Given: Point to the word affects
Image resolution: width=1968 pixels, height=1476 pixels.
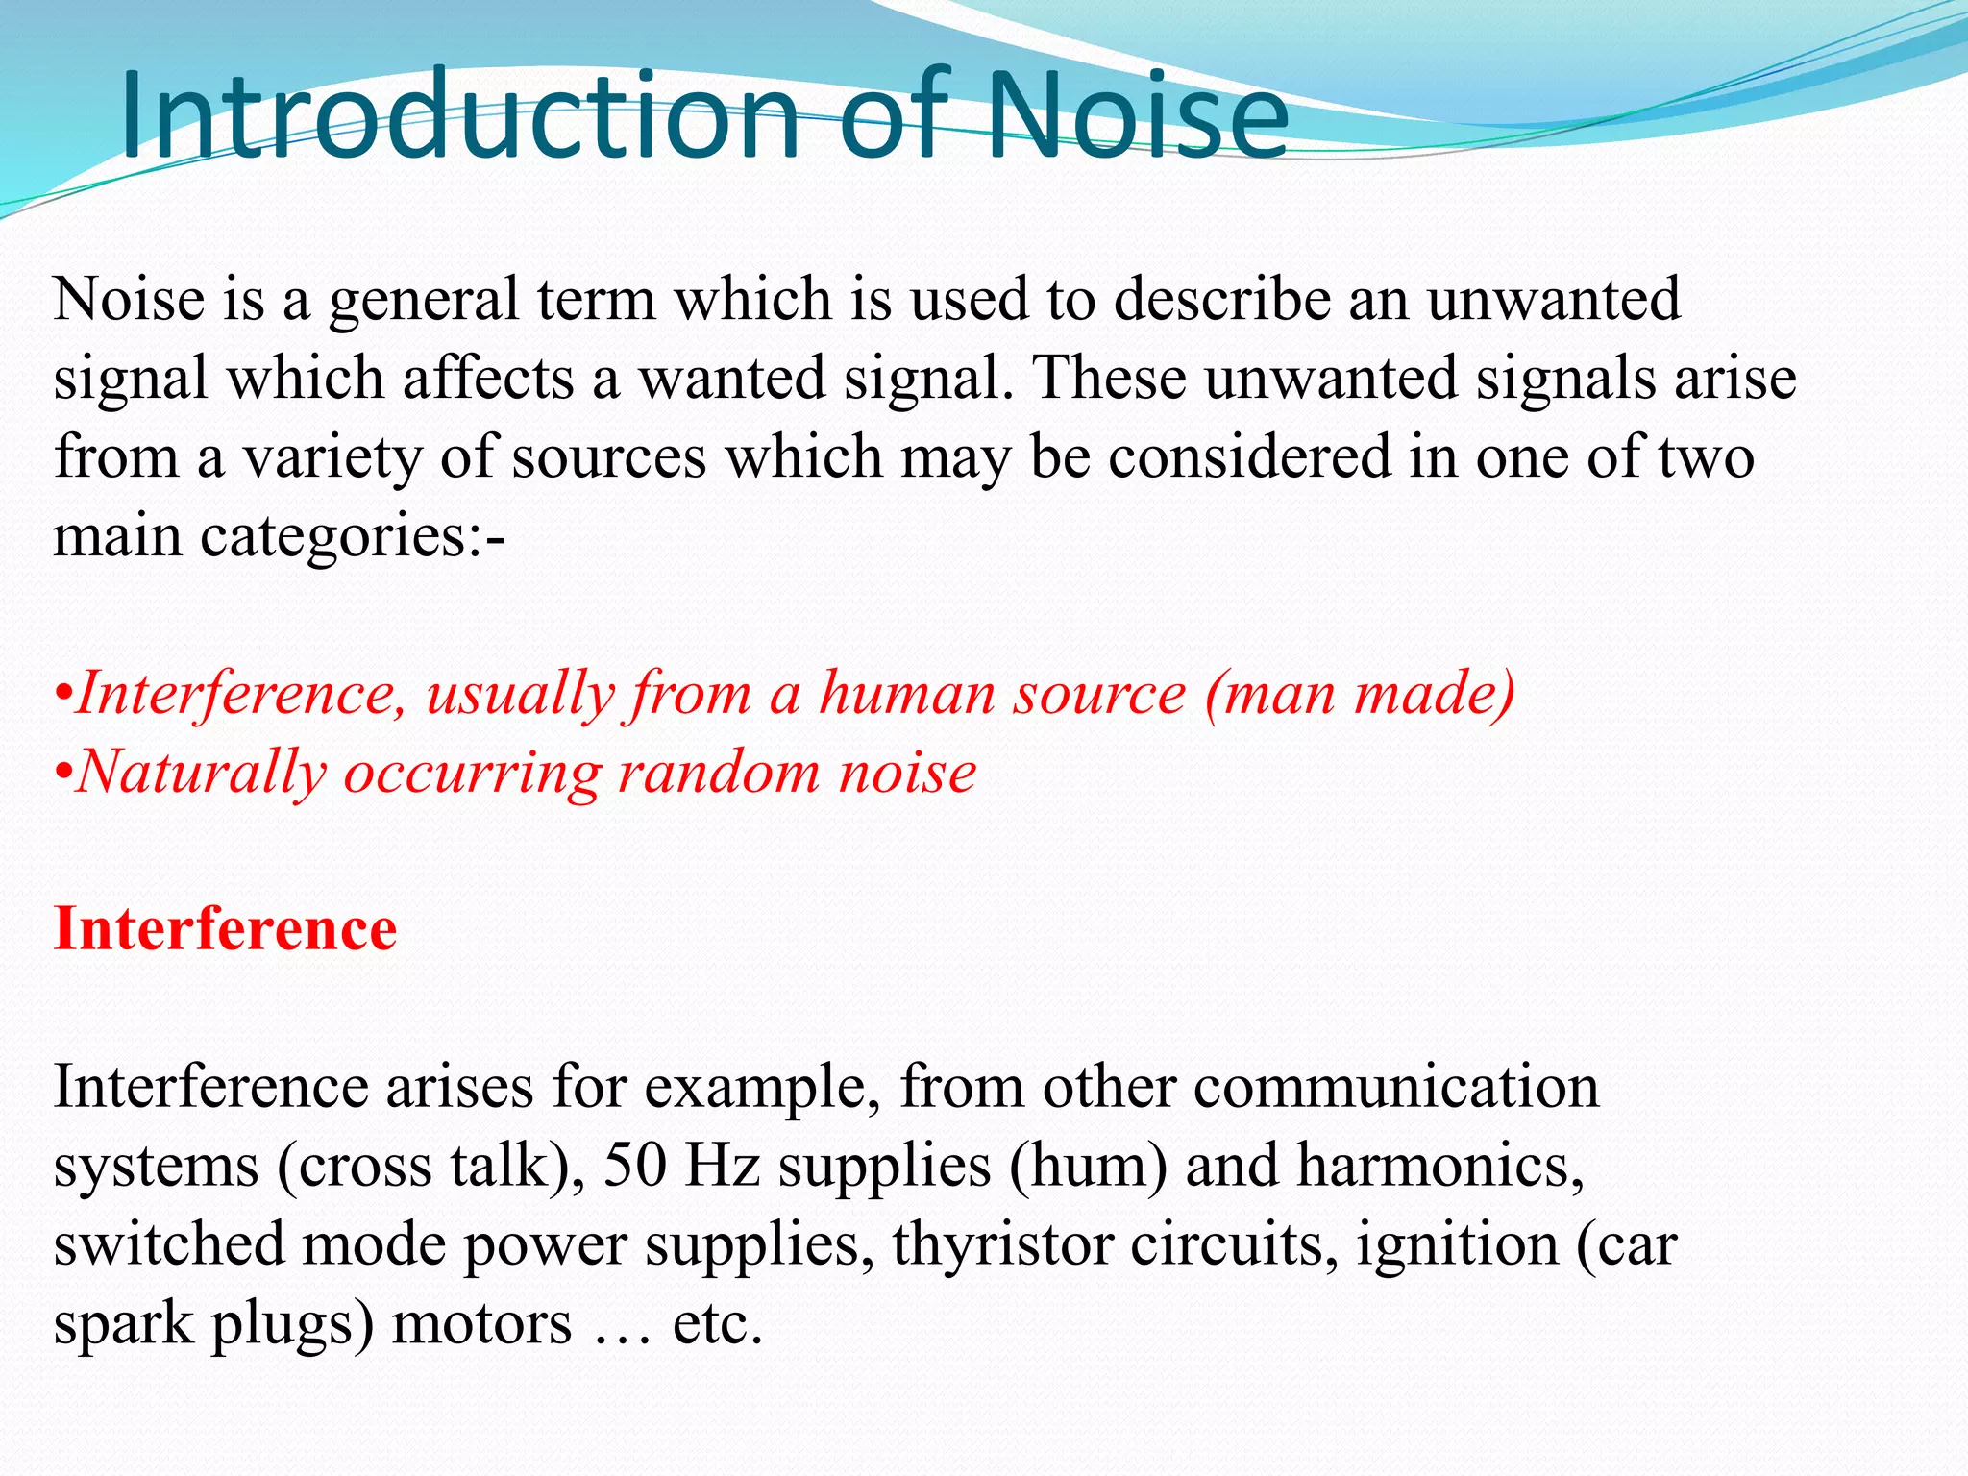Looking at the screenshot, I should click(x=488, y=379).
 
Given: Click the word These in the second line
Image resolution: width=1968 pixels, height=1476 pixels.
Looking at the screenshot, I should click(x=1110, y=379).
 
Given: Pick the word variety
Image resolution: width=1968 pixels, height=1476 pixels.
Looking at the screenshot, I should click(x=332, y=457).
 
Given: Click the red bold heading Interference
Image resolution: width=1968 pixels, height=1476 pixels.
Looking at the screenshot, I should click(x=225, y=929).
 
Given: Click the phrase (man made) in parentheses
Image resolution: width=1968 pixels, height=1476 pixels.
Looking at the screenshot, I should click(x=1360, y=693).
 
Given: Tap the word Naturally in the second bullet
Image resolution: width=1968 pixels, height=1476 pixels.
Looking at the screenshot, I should click(x=201, y=772).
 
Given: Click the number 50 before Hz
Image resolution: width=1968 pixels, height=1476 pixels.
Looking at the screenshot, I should click(x=635, y=1166).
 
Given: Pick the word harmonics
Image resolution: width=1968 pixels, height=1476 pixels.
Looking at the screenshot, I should click(x=1439, y=1166).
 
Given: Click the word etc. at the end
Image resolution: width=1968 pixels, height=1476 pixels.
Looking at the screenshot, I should click(x=717, y=1323).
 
